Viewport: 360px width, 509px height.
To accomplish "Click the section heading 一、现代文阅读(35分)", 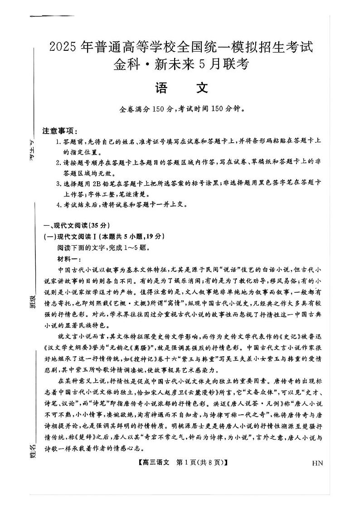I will (x=76, y=226).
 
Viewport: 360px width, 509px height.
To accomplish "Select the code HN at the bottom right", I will (x=317, y=463).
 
